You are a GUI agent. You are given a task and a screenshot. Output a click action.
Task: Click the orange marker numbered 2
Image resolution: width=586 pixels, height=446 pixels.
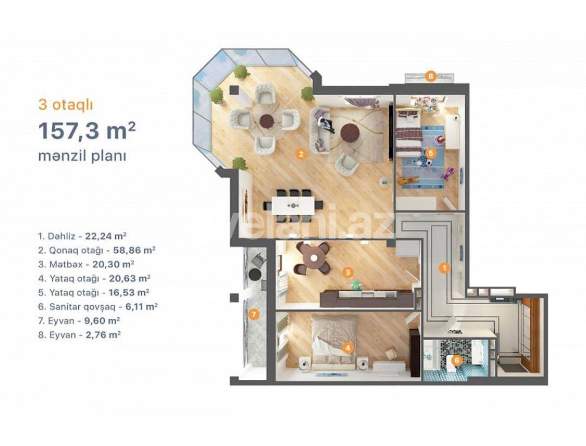click(x=300, y=154)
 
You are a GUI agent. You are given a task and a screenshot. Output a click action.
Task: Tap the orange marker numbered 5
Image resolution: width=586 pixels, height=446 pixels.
click(x=430, y=153)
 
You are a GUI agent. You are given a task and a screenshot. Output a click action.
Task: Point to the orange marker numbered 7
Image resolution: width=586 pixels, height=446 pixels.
click(x=253, y=314)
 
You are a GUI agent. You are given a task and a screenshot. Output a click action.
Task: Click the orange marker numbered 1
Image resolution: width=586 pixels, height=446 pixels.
click(x=444, y=268)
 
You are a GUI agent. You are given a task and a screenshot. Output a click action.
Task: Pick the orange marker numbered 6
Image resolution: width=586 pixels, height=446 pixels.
click(x=456, y=360)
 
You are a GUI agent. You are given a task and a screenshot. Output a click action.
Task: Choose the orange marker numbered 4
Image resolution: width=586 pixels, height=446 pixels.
click(x=348, y=348)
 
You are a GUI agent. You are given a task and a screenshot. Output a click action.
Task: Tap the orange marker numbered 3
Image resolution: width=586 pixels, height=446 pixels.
click(x=348, y=271)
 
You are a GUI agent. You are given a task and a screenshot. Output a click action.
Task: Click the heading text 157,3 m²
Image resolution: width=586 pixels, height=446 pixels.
click(x=86, y=131)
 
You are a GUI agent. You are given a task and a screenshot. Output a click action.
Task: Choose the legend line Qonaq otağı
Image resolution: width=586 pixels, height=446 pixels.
click(x=97, y=250)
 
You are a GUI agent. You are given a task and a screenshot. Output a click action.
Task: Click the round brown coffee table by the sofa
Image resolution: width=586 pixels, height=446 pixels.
click(x=350, y=133)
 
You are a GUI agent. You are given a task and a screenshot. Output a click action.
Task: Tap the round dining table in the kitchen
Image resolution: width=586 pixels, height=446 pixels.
click(x=313, y=257)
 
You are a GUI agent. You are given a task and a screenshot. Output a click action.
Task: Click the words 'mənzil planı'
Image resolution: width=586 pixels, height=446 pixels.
click(x=82, y=156)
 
